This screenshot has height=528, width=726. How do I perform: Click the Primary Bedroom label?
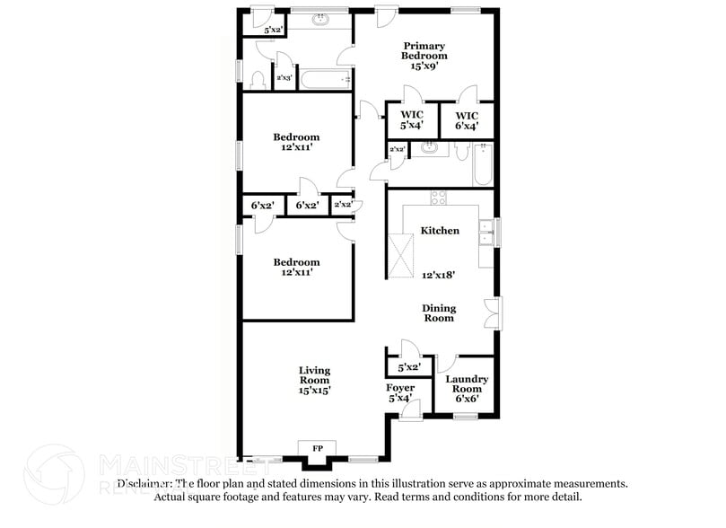(424, 50)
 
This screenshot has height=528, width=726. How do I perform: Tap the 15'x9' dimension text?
(424, 66)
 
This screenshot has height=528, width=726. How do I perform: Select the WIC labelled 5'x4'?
(412, 121)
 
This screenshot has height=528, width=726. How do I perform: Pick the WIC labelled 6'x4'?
(467, 121)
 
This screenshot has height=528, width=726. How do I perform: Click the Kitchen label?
(440, 231)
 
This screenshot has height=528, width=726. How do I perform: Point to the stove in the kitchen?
(439, 198)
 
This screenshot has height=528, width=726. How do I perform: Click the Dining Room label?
(439, 312)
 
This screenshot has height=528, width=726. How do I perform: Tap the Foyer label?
(400, 388)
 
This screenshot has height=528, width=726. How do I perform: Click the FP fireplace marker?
(317, 448)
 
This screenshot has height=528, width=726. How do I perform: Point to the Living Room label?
(314, 374)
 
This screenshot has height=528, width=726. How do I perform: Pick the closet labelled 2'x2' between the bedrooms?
(342, 205)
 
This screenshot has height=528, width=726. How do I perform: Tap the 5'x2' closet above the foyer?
(409, 366)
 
